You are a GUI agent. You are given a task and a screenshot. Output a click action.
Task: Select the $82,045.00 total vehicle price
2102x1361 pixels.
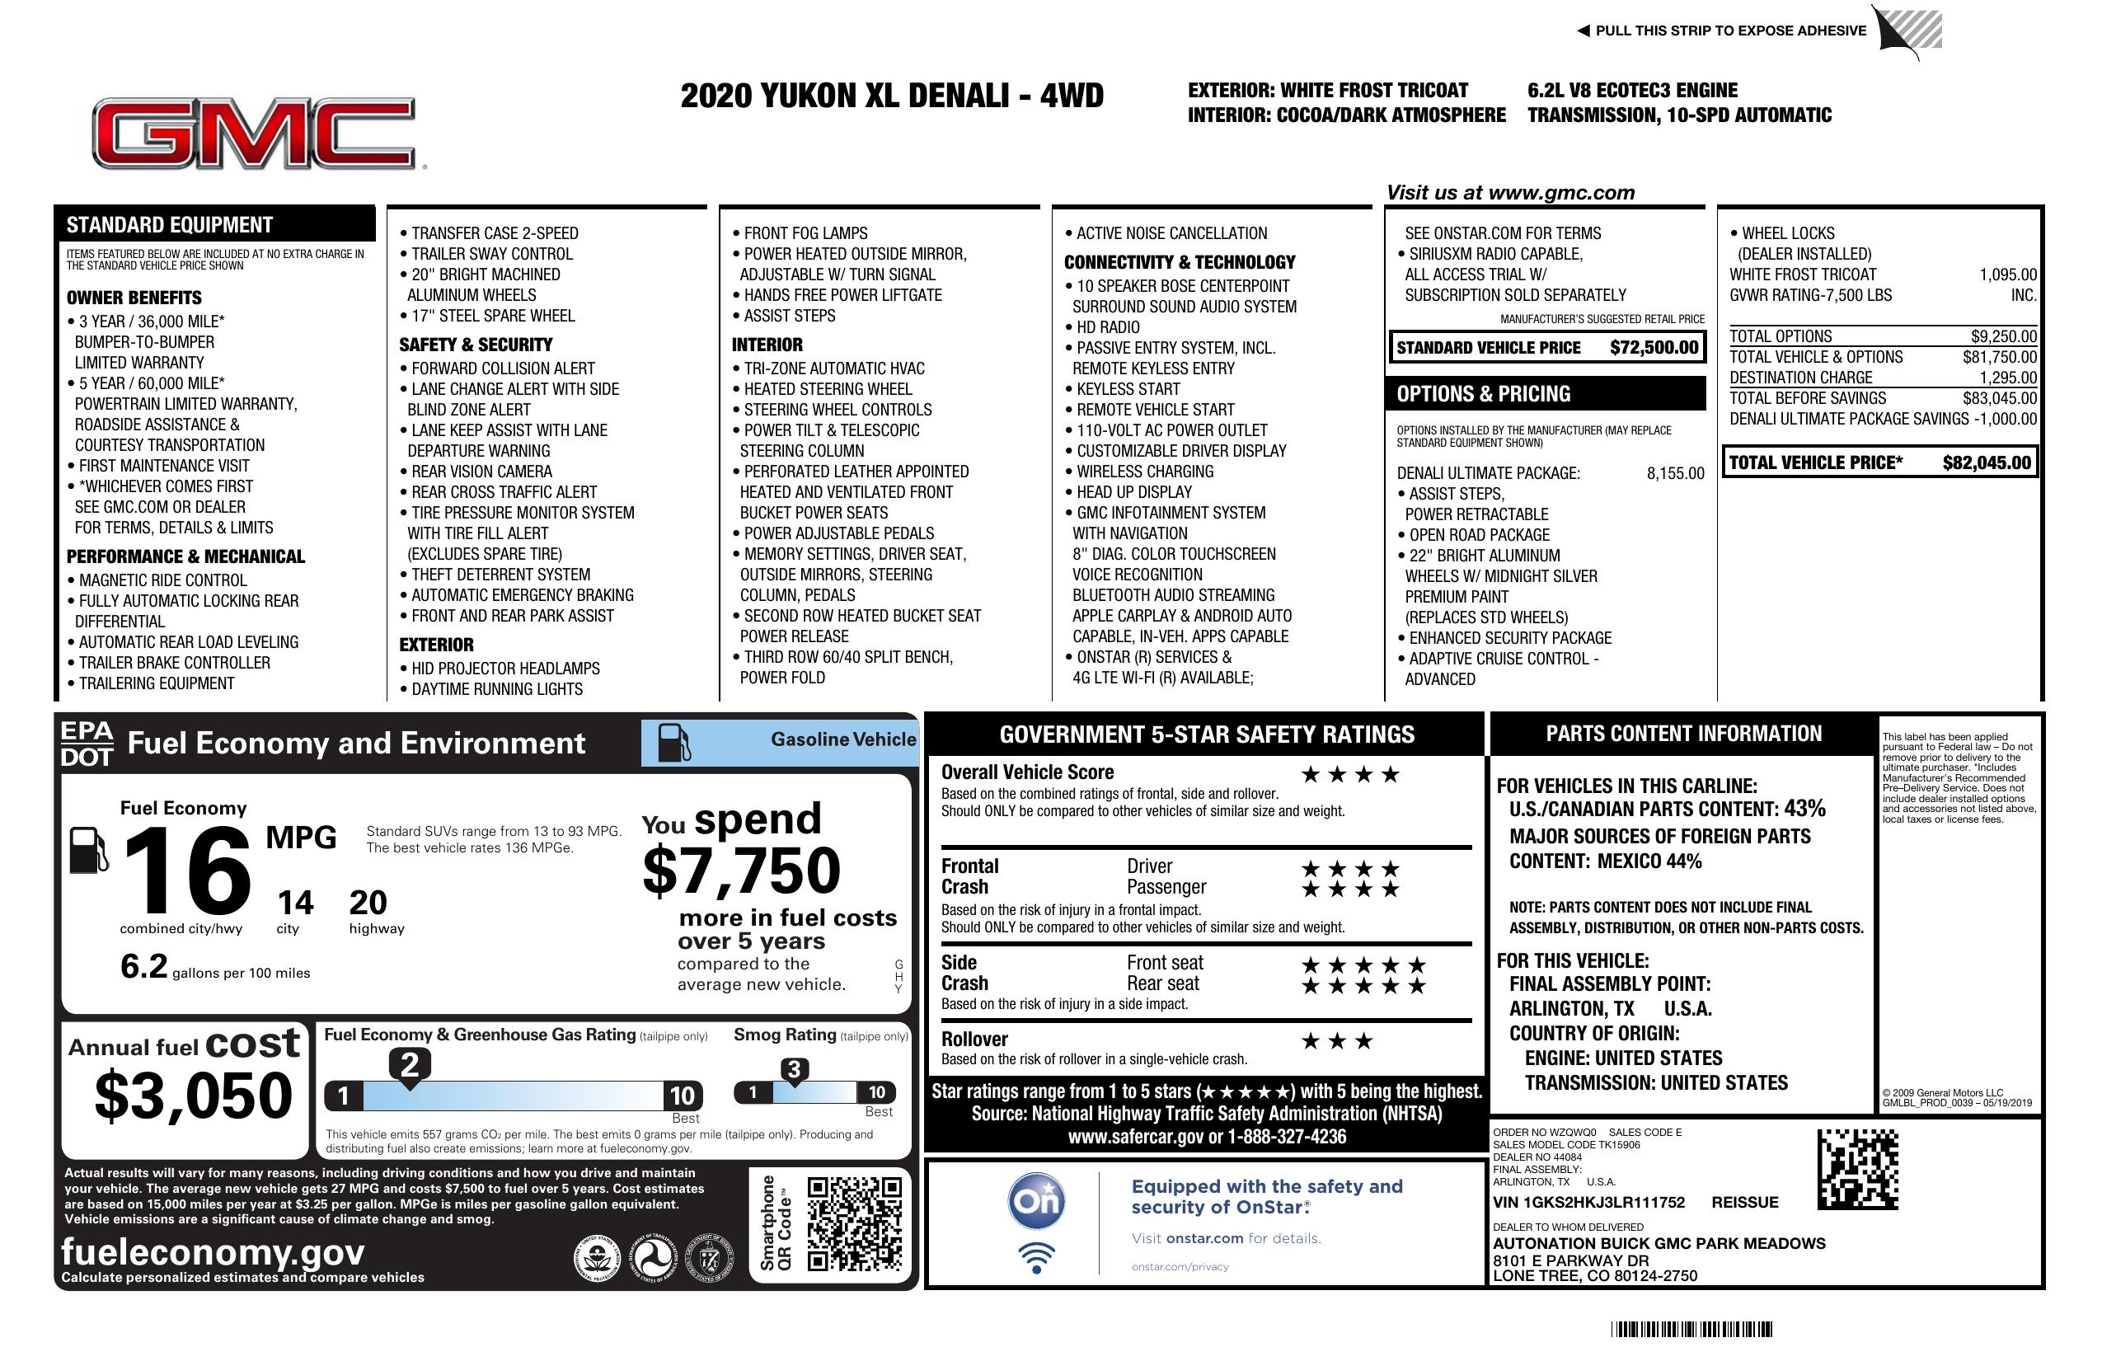[1987, 462]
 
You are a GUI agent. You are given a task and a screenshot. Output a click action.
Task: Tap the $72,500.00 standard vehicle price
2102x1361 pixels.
[1654, 347]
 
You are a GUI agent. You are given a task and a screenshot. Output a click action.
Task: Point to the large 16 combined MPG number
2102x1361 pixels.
[187, 871]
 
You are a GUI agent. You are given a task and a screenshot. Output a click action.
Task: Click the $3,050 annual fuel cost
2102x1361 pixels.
[194, 1096]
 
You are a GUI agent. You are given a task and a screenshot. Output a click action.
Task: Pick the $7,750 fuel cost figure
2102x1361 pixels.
[742, 871]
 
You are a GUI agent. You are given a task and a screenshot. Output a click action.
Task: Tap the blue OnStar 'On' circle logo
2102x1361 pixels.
[1036, 1201]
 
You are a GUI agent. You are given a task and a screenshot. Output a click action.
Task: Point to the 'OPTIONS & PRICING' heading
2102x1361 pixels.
[1483, 394]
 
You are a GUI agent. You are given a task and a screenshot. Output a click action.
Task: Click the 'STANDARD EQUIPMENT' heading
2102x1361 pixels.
[170, 224]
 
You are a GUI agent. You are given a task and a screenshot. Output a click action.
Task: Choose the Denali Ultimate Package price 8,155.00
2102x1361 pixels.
[1674, 473]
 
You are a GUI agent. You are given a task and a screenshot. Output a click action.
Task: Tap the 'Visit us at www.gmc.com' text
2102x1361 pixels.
[1510, 193]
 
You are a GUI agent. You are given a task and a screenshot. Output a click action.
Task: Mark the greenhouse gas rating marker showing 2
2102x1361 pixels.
[410, 1065]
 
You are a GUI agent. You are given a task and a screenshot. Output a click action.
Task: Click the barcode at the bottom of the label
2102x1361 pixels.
[1691, 1329]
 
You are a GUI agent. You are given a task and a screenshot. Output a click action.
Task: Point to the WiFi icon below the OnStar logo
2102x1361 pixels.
[1036, 1258]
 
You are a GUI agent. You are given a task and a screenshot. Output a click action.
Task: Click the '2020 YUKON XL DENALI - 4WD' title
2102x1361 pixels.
[892, 96]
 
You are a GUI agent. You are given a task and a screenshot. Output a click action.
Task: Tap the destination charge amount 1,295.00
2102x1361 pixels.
[2007, 377]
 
